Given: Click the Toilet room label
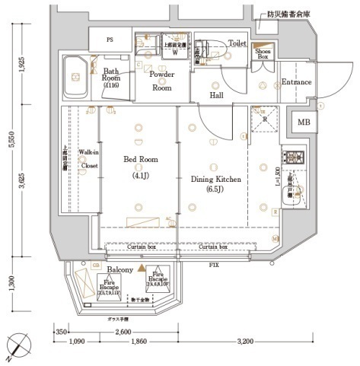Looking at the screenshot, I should [237, 44].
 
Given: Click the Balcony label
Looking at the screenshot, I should [120, 269].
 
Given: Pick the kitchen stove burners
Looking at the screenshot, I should [294, 158].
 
